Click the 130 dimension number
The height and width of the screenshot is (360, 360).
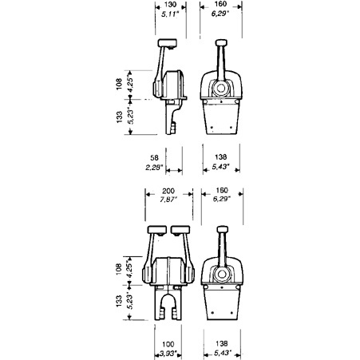pos(170,5)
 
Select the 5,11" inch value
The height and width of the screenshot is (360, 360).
pos(169,14)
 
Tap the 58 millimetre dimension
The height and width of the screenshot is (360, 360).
pos(154,158)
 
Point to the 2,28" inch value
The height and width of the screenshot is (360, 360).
pos(154,168)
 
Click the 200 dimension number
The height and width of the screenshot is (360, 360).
pos(168,191)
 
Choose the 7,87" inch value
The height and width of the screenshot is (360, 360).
pos(168,200)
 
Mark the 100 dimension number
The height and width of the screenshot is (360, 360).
pos(168,344)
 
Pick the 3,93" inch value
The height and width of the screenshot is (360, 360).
pos(168,354)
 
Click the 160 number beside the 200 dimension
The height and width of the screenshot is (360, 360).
pos(222,190)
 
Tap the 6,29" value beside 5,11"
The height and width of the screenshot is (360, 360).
pos(220,14)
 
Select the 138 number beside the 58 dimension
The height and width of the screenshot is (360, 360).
pos(221,157)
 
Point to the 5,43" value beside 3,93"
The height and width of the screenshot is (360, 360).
pos(223,353)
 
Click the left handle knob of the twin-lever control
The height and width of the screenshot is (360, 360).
pos(157,230)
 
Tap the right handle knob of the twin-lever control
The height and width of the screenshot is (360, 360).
pos(180,230)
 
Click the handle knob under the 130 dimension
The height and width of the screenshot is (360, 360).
pos(168,43)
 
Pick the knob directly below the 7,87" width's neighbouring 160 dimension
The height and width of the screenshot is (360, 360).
pos(223,229)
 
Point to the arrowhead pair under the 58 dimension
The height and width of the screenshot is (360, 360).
pos(174,171)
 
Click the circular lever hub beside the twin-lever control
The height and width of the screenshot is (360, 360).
pos(221,275)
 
